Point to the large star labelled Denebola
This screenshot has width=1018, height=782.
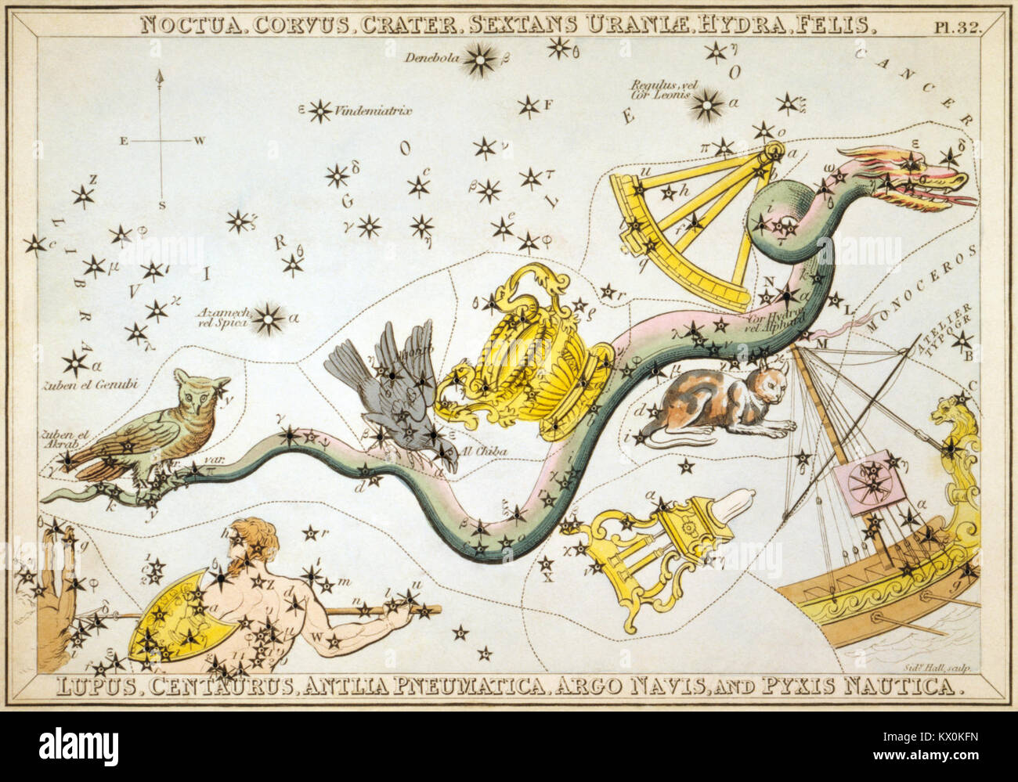click(x=480, y=59)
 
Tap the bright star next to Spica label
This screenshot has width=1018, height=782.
click(x=269, y=319)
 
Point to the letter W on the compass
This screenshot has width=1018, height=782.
click(x=200, y=141)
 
